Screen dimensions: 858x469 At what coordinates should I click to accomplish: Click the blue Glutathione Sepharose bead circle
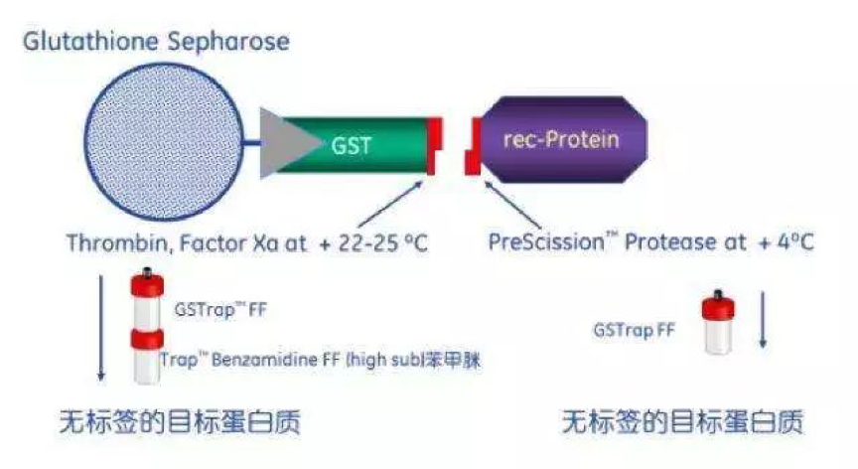pyautogui.click(x=163, y=142)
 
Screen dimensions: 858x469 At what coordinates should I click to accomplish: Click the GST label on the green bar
pyautogui.click(x=352, y=146)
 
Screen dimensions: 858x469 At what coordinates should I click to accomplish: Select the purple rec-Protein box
pyautogui.click(x=565, y=139)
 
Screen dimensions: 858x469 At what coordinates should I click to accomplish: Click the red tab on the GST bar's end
pyautogui.click(x=435, y=146)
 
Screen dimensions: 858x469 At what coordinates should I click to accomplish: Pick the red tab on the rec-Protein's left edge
pyautogui.click(x=474, y=147)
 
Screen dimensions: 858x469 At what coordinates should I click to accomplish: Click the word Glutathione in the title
pyautogui.click(x=90, y=42)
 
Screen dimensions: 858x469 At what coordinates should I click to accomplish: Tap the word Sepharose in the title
pyautogui.click(x=228, y=43)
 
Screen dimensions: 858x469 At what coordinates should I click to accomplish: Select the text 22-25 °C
pyautogui.click(x=383, y=243)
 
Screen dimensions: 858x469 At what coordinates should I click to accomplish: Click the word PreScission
pyautogui.click(x=546, y=241)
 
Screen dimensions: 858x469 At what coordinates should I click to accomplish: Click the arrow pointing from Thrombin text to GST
pyautogui.click(x=390, y=204)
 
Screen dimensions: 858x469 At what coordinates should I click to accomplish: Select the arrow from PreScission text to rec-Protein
pyautogui.click(x=512, y=204)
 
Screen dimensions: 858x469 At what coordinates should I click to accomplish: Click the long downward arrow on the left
pyautogui.click(x=100, y=328)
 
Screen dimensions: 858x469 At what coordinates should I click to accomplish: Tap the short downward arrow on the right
pyautogui.click(x=763, y=320)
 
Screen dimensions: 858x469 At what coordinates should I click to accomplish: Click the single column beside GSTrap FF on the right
pyautogui.click(x=718, y=322)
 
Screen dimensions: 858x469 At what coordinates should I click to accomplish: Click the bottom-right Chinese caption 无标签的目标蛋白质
pyautogui.click(x=683, y=422)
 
